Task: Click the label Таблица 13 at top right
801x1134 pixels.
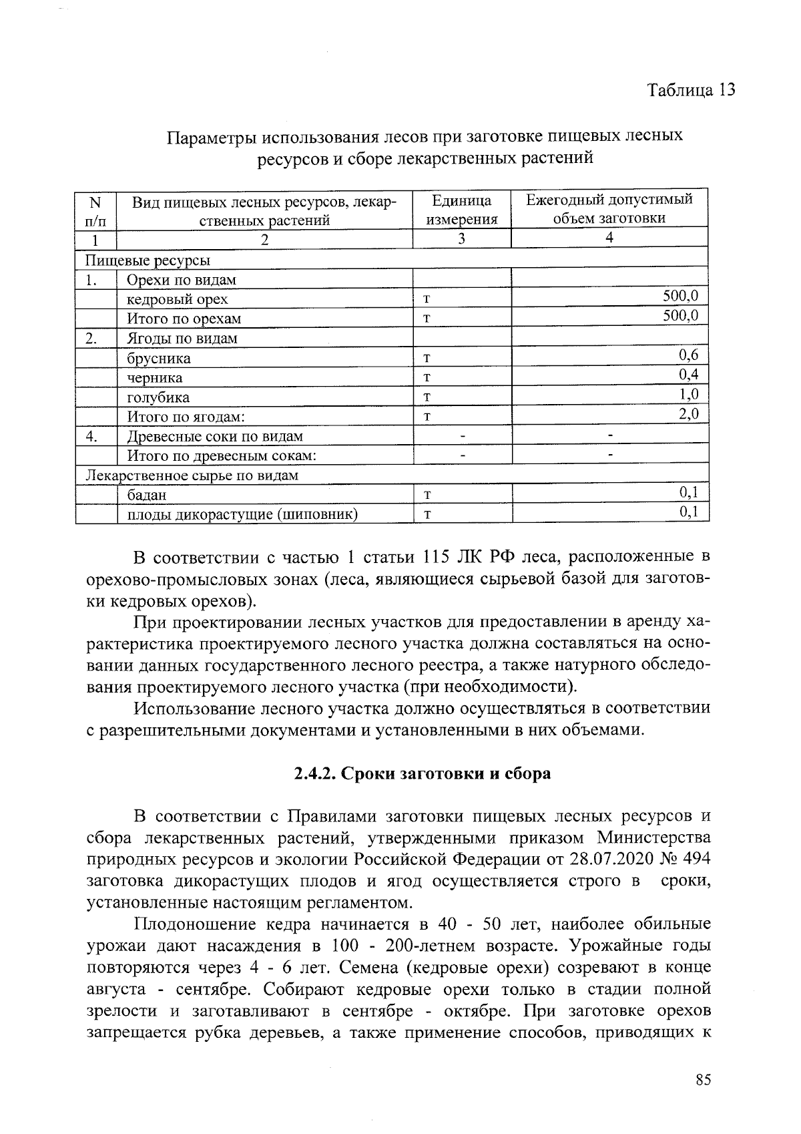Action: (x=691, y=90)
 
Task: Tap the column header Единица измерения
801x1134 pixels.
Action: (x=462, y=210)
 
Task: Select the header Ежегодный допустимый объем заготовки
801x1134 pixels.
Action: (x=609, y=208)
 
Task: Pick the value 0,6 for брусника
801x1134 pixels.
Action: (x=688, y=355)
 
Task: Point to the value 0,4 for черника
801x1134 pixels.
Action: (x=688, y=375)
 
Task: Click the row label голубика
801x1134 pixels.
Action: (x=158, y=398)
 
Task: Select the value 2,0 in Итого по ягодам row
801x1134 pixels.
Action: (x=688, y=414)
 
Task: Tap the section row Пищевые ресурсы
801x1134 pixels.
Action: (x=148, y=260)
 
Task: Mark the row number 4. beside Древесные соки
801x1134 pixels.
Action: (x=93, y=437)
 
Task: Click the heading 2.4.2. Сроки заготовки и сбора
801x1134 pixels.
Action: (x=423, y=773)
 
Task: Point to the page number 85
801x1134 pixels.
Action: (x=702, y=1081)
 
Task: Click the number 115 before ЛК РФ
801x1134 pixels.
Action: (x=437, y=558)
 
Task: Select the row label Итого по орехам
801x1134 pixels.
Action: (x=184, y=319)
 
